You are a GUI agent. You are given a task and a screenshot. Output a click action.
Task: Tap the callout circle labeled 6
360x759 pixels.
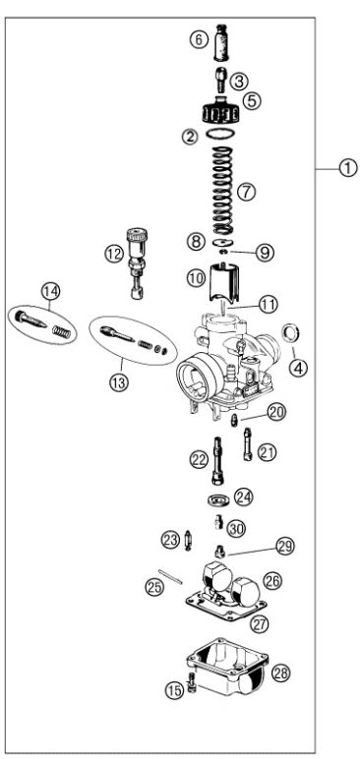point(198,39)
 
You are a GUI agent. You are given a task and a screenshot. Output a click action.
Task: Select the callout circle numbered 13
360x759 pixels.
point(119,383)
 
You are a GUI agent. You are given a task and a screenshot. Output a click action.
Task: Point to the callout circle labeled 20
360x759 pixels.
point(276,414)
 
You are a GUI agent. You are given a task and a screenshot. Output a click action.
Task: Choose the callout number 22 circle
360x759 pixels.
point(199,458)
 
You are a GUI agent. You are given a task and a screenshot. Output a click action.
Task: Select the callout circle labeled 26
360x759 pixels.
point(272,581)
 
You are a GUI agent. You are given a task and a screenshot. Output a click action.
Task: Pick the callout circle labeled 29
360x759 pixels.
point(284,545)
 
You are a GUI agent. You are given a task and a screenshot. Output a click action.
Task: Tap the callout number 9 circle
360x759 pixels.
point(265,253)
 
